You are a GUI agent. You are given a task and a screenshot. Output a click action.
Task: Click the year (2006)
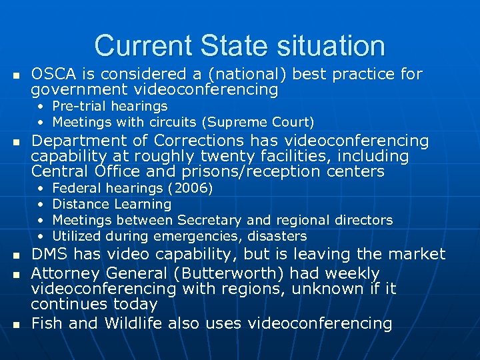[x=190, y=188]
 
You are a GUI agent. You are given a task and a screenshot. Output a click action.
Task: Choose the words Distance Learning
[x=111, y=204]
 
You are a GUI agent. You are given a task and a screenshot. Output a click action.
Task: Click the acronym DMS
[x=50, y=253]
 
